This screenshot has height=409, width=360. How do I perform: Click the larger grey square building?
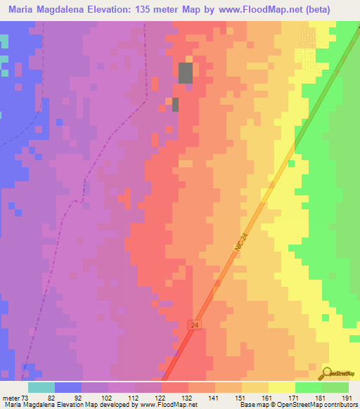click(186, 73)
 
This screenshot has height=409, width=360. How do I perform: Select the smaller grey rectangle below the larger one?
click(176, 105)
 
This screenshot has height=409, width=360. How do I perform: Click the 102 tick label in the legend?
click(108, 398)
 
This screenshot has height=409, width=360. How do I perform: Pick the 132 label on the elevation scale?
click(188, 398)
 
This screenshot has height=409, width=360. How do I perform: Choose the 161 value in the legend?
click(268, 398)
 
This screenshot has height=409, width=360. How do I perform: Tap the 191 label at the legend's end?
click(347, 398)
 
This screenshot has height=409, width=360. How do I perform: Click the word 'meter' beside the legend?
click(11, 398)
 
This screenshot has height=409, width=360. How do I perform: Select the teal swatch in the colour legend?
click(41, 387)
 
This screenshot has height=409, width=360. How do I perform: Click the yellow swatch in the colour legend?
click(281, 387)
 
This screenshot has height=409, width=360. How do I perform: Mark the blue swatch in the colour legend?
click(68, 387)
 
